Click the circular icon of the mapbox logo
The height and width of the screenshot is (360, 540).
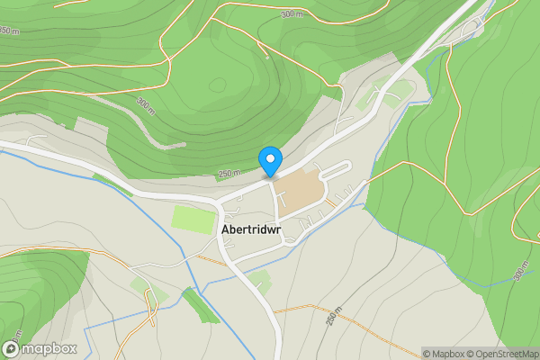pyautogui.click(x=12, y=348)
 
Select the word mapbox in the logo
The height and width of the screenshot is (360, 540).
pyautogui.click(x=49, y=348)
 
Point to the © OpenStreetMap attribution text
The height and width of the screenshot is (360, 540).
pyautogui.click(x=503, y=354)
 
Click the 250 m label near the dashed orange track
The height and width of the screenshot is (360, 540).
pyautogui.click(x=334, y=317)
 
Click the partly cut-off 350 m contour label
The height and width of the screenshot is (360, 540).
pyautogui.click(x=7, y=31)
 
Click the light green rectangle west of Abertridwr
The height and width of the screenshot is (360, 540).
pyautogui.click(x=190, y=218)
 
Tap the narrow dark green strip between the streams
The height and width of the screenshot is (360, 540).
pyautogui.click(x=200, y=304)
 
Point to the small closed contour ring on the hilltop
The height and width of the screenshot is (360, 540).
pyautogui.click(x=218, y=85)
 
